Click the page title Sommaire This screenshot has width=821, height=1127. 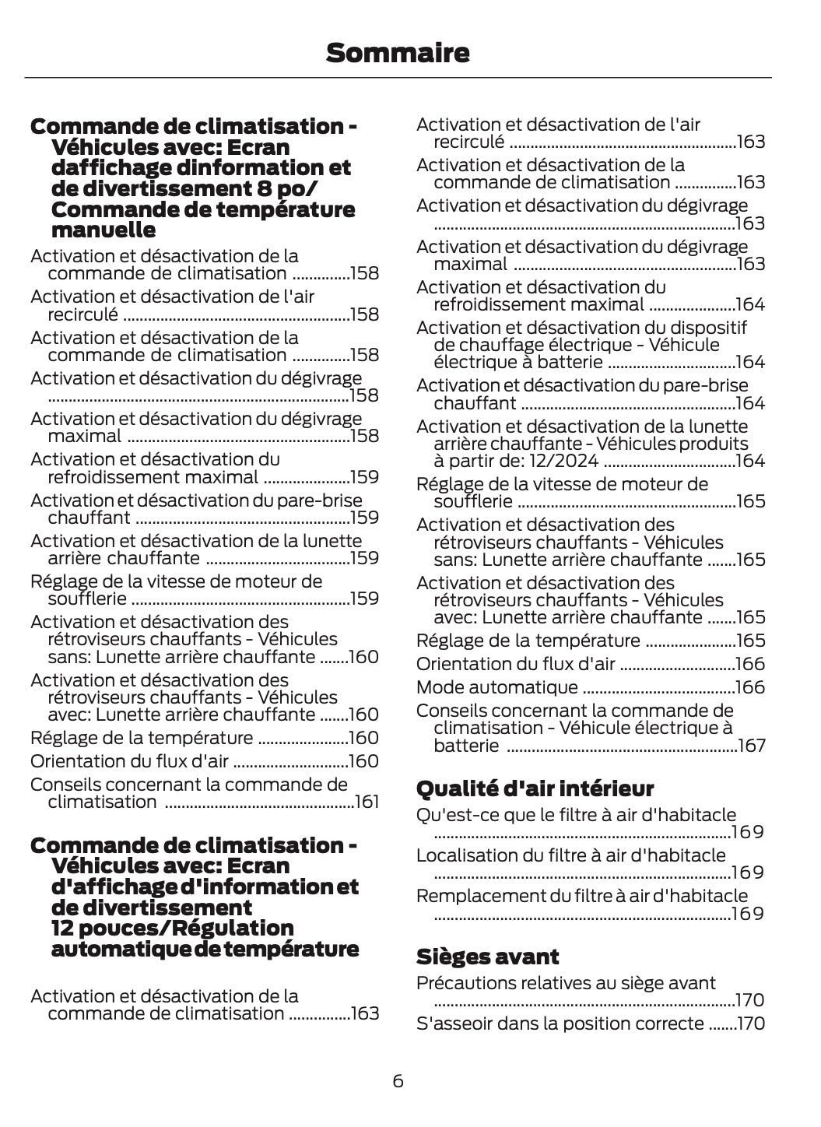(x=398, y=53)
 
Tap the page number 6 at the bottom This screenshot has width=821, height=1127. (x=398, y=1081)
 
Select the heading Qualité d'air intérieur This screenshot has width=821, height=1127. (x=535, y=788)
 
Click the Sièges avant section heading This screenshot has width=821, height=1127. (x=487, y=957)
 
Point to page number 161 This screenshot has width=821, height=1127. (x=366, y=802)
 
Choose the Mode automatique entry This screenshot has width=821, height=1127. (x=496, y=687)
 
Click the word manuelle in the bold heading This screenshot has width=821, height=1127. (x=103, y=230)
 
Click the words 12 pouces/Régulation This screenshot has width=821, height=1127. (x=172, y=929)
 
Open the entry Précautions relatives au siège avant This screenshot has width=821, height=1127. (x=566, y=983)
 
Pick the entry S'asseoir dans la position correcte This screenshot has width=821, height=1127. (x=560, y=1023)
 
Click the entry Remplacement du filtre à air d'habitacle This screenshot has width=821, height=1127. (x=581, y=896)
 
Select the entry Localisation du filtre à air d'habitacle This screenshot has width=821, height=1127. (x=570, y=855)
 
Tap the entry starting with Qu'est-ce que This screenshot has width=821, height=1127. (x=575, y=815)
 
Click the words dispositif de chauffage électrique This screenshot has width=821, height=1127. (x=591, y=336)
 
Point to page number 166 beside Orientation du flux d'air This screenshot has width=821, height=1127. (x=750, y=664)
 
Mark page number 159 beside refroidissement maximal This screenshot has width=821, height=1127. (x=364, y=477)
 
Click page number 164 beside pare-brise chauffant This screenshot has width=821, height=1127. (x=750, y=403)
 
